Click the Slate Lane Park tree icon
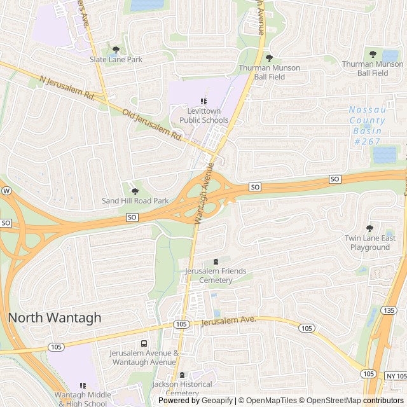pyautogui.click(x=115, y=50)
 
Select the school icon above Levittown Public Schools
pyautogui.click(x=203, y=101)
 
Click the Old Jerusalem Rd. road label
pyautogui.click(x=153, y=124)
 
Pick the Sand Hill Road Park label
pyautogui.click(x=135, y=201)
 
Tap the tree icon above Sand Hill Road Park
pyautogui.click(x=134, y=191)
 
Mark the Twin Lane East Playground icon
pyautogui.click(x=370, y=228)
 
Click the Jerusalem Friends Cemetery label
pyautogui.click(x=216, y=275)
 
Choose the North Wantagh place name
pyautogui.click(x=55, y=318)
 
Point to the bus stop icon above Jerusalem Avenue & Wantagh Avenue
pyautogui.click(x=144, y=343)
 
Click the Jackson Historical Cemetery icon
pyautogui.click(x=183, y=375)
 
